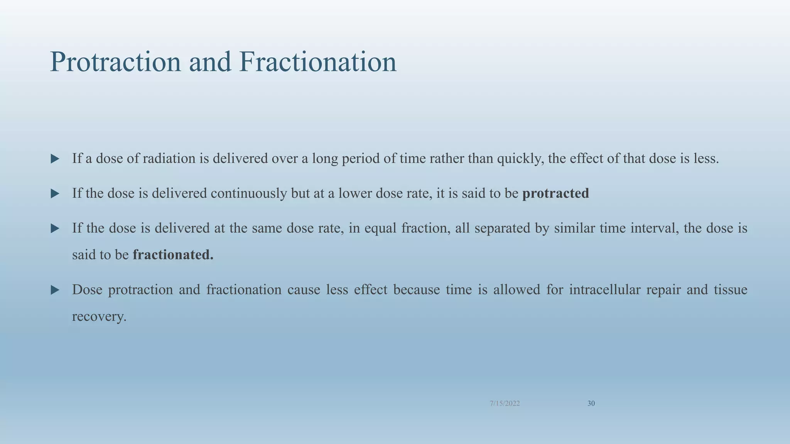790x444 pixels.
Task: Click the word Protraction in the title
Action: (x=115, y=62)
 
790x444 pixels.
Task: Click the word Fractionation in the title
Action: (x=317, y=62)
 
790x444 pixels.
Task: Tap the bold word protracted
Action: (x=555, y=193)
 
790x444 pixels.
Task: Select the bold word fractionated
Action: (x=173, y=255)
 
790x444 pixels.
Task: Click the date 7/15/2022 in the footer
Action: (x=505, y=404)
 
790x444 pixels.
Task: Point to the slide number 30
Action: (x=591, y=404)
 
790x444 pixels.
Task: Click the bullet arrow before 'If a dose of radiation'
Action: (x=55, y=159)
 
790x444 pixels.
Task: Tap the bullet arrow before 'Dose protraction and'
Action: (x=55, y=290)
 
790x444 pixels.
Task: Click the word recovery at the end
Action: (x=99, y=317)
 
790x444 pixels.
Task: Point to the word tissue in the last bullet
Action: (x=730, y=289)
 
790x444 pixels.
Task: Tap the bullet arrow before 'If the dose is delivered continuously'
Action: (x=55, y=193)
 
